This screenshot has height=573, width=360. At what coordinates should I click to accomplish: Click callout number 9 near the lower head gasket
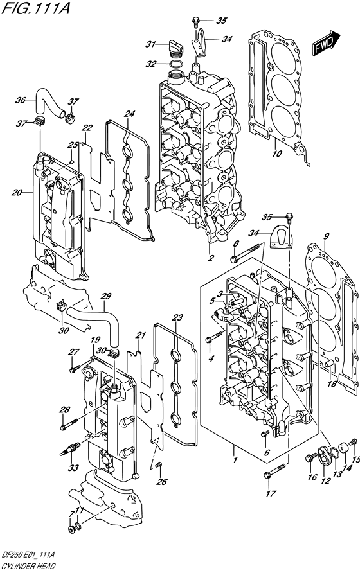coord(325,236)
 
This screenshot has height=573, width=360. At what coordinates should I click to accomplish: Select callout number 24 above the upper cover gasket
coord(130,114)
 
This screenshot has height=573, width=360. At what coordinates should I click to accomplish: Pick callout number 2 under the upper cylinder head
coord(210,259)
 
